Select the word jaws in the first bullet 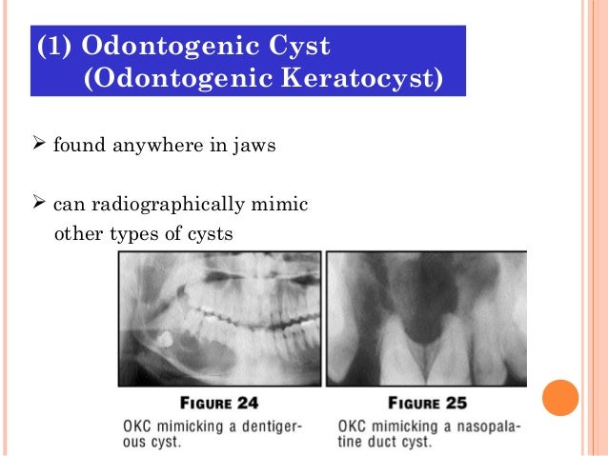pyautogui.click(x=235, y=148)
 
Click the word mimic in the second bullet pyautogui.click(x=284, y=204)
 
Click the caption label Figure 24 pyautogui.click(x=213, y=403)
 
